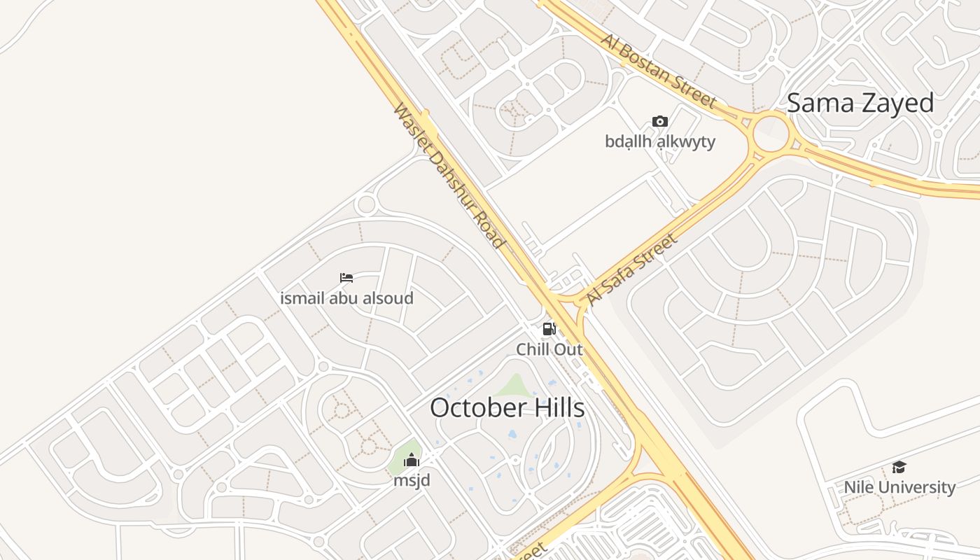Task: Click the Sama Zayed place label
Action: (x=860, y=103)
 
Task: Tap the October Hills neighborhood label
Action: (x=507, y=407)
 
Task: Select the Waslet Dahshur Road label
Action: (x=449, y=176)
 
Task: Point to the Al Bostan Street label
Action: (x=658, y=71)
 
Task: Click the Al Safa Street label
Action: (x=631, y=269)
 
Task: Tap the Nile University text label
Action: (x=899, y=486)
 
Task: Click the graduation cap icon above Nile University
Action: (x=899, y=467)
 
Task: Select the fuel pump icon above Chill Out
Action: (x=549, y=328)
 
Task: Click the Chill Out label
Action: (x=549, y=349)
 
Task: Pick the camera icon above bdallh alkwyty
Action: (x=659, y=122)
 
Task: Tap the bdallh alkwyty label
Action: (x=659, y=141)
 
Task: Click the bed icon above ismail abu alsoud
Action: (x=346, y=278)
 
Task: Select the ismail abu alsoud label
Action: (x=346, y=298)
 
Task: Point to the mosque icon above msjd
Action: (x=412, y=460)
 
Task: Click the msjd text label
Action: (x=412, y=480)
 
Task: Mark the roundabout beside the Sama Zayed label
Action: (x=771, y=133)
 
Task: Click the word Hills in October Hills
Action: (x=552, y=407)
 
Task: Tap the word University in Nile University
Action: (x=920, y=486)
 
